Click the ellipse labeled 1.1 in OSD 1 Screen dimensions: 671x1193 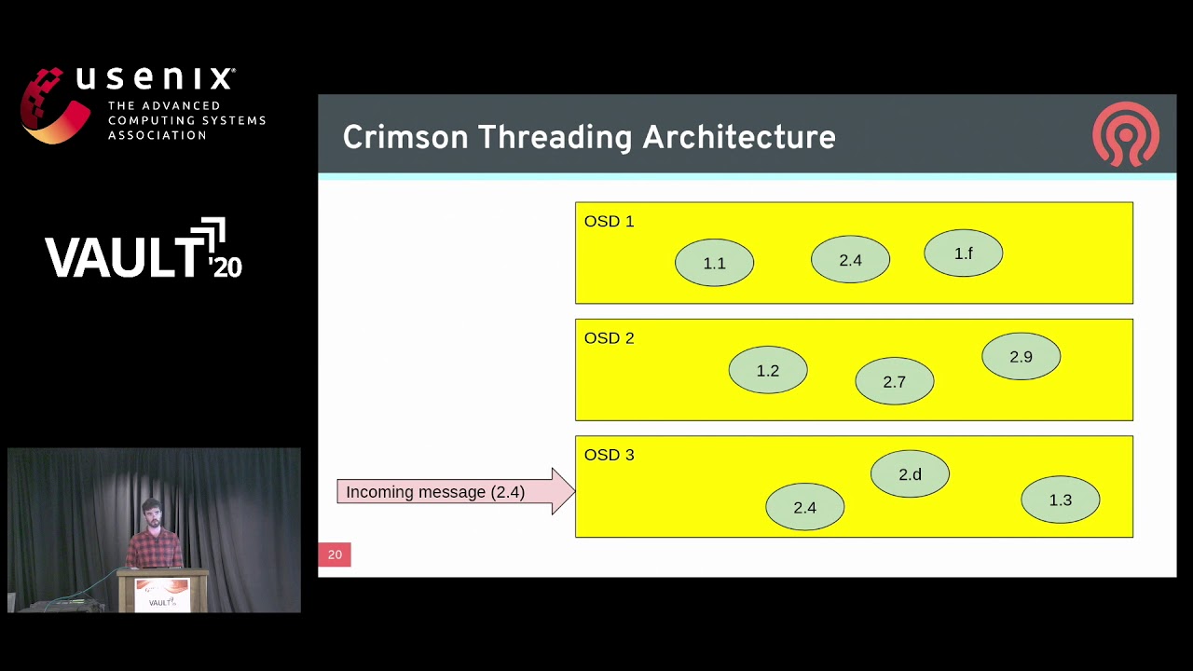pyautogui.click(x=714, y=263)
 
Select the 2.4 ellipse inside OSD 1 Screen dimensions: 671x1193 pyautogui.click(x=850, y=260)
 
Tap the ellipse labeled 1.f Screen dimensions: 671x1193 pyautogui.click(x=963, y=253)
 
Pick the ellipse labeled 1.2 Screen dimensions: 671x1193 pyautogui.click(x=767, y=371)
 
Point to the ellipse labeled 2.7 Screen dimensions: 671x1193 pyautogui.click(x=894, y=381)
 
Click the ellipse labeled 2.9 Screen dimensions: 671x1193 pyautogui.click(x=1021, y=357)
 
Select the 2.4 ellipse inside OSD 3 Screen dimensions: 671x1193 pyautogui.click(x=804, y=507)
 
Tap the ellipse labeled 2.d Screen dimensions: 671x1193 pyautogui.click(x=910, y=474)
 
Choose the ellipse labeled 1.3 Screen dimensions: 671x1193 pyautogui.click(x=1060, y=500)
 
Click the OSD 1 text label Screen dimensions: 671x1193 pyautogui.click(x=609, y=221)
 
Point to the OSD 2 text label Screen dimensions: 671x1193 pyautogui.click(x=609, y=337)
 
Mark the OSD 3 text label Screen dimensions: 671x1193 pyautogui.click(x=609, y=455)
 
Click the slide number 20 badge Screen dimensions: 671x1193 pyautogui.click(x=335, y=555)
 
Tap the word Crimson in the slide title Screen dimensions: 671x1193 pyautogui.click(x=405, y=137)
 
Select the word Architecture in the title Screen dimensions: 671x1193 pyautogui.click(x=738, y=137)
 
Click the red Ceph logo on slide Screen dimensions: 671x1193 pyautogui.click(x=1126, y=134)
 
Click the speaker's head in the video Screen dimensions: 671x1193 pyautogui.click(x=152, y=512)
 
